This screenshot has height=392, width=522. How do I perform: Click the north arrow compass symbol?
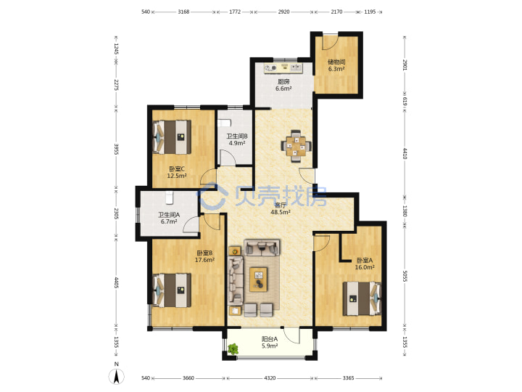[117, 377]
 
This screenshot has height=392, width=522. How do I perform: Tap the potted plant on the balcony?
[233, 349]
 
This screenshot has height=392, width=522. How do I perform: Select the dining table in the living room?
[297, 146]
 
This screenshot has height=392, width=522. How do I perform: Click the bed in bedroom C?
[172, 137]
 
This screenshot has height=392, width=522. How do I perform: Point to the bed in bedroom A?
[362, 298]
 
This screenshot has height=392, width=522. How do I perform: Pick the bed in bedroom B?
[172, 290]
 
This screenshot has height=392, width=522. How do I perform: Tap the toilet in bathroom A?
[170, 197]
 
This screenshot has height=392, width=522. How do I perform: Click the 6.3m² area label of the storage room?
[336, 70]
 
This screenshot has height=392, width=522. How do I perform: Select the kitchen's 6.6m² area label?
[283, 89]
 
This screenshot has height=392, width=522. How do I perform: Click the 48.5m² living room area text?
[281, 212]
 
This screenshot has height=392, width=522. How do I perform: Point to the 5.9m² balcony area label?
[270, 346]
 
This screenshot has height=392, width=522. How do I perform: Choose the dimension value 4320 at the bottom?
[270, 378]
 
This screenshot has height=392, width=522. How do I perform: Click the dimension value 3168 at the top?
[183, 12]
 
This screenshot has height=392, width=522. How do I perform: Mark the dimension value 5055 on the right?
[405, 276]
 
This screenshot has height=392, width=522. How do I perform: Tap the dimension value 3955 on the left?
[116, 149]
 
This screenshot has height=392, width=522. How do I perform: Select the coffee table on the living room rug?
[259, 279]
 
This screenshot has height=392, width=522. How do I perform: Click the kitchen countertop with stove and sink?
[283, 68]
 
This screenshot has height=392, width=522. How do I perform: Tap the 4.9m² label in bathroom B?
[237, 143]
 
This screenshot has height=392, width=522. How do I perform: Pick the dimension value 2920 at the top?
[283, 12]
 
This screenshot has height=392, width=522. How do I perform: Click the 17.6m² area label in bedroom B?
[204, 260]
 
